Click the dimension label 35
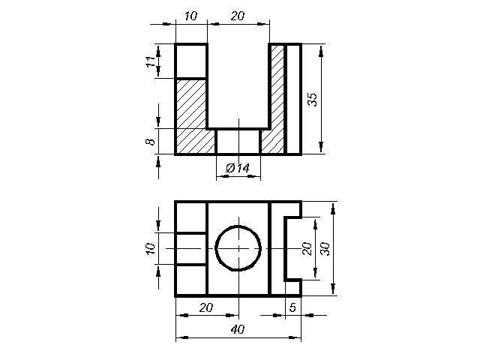click(x=313, y=99)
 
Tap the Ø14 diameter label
click(x=238, y=168)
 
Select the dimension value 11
click(x=150, y=62)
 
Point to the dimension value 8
click(x=150, y=142)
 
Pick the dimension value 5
click(x=292, y=307)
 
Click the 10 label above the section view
click(x=190, y=16)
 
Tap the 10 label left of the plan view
click(x=150, y=248)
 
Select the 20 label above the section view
click(x=238, y=16)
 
